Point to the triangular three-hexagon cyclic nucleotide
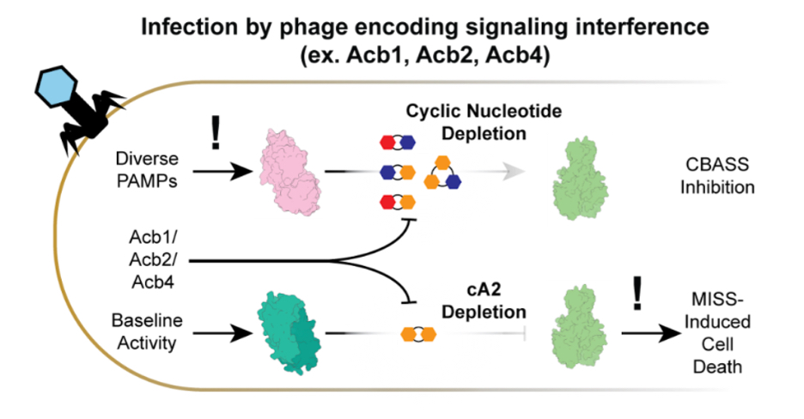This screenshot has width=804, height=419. click(x=444, y=172)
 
